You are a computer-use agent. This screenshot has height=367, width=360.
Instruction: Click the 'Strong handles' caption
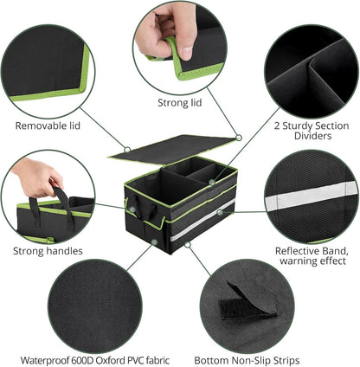click(x=48, y=252)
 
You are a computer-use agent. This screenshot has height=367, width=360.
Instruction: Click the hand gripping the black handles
click(x=35, y=178)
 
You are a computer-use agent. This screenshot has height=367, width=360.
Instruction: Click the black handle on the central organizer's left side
click(x=141, y=210)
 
